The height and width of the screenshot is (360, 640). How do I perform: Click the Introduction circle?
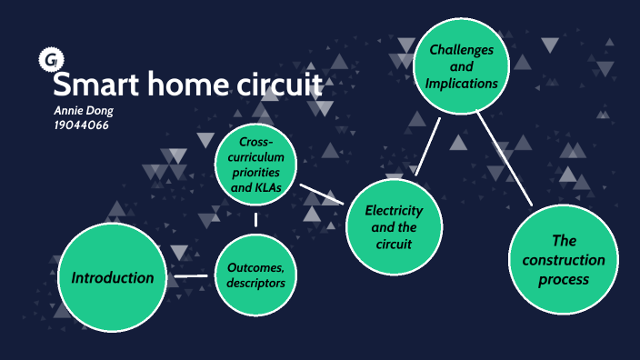pyautogui.click(x=114, y=277)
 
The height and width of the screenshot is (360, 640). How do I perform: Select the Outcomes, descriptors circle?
pyautogui.click(x=255, y=275)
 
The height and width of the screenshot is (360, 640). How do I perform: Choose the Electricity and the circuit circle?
pyautogui.click(x=393, y=227)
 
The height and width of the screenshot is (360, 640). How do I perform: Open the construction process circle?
pyautogui.click(x=564, y=260)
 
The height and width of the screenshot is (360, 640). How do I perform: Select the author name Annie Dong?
pyautogui.click(x=84, y=111)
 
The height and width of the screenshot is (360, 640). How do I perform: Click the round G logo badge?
pyautogui.click(x=48, y=61)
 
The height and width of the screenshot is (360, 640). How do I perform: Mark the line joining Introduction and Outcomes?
pyautogui.click(x=193, y=275)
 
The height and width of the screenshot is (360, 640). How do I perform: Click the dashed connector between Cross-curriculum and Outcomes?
pyautogui.click(x=255, y=220)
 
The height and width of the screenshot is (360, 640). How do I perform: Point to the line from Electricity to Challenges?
pyautogui.click(x=427, y=145)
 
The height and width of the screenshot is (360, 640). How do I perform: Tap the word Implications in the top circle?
pyautogui.click(x=462, y=83)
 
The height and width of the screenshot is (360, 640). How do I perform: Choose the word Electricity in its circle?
pyautogui.click(x=394, y=211)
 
